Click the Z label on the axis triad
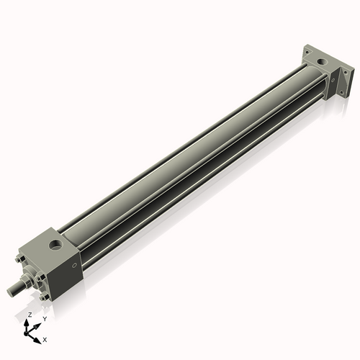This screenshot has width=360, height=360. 29,315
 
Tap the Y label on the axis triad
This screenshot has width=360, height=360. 45,318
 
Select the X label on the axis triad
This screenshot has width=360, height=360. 45,338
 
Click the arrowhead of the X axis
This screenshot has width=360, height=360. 38,336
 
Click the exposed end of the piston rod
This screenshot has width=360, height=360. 11,292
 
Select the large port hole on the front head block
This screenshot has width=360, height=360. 55,246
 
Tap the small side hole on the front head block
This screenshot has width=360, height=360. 73,266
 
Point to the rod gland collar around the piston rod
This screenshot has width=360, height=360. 27,280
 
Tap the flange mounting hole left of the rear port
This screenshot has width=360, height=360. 307,52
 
